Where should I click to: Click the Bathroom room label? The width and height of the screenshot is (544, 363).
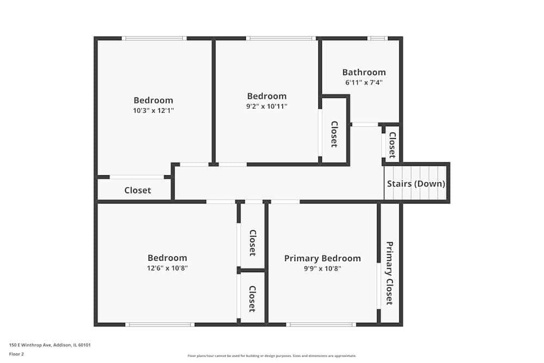364,72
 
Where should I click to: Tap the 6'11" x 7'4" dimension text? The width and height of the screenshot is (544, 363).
364,83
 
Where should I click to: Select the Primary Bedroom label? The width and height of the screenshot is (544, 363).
322,259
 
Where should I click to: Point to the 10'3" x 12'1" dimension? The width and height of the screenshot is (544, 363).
153,110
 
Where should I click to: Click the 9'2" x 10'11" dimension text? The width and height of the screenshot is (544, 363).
267,106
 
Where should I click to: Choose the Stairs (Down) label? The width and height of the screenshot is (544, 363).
416,184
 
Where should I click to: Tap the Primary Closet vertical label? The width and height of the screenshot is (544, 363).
390,273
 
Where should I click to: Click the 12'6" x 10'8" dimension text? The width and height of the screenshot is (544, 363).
167,268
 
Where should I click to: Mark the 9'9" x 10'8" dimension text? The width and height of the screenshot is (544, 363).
322,268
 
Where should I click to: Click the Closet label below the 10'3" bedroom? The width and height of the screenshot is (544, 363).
138,190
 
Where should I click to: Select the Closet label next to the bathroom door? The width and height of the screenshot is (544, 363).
392,144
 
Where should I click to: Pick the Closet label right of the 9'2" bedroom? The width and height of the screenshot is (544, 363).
334,134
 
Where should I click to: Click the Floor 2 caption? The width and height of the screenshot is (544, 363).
16,354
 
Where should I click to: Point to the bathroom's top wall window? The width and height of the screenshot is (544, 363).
377,39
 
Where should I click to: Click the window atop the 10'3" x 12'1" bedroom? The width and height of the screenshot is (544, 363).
154,39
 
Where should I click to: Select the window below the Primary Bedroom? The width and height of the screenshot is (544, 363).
321,325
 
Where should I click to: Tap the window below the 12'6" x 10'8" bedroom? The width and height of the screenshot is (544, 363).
160,325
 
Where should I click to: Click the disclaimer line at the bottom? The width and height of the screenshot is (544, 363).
272,356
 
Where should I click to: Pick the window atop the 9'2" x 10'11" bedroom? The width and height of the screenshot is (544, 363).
281,39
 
